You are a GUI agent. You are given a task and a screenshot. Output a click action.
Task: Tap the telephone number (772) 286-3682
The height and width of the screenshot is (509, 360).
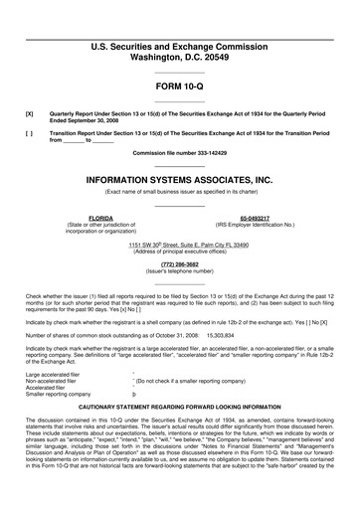[x=180, y=263]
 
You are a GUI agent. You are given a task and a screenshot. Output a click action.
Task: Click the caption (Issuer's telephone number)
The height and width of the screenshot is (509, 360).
[x=180, y=270]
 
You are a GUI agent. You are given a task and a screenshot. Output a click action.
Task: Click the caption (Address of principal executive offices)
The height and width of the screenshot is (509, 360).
[x=180, y=251]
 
